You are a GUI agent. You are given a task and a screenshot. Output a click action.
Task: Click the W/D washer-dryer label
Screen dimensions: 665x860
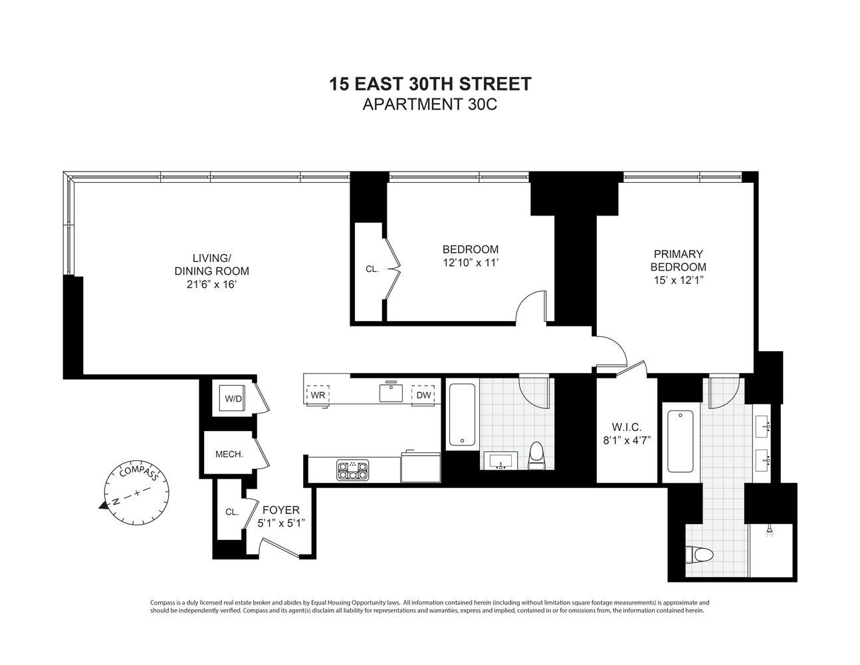click(233, 399)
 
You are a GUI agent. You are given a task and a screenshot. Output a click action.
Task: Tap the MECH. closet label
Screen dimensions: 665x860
click(229, 455)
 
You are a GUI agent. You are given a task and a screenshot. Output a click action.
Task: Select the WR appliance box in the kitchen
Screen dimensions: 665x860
click(317, 394)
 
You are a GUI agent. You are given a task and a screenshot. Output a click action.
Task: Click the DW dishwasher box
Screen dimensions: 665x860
click(424, 394)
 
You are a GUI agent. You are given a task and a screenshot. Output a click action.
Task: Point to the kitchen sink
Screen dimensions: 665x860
click(391, 392)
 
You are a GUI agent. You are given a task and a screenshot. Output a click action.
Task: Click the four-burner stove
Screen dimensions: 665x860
click(352, 470)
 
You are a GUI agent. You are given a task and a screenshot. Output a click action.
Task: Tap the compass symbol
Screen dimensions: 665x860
click(137, 492)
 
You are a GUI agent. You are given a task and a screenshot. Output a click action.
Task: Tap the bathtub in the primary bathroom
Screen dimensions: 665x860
click(679, 442)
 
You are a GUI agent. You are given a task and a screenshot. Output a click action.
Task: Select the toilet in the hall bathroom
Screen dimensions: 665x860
click(536, 456)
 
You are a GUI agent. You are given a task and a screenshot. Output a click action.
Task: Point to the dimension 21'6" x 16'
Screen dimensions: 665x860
click(212, 285)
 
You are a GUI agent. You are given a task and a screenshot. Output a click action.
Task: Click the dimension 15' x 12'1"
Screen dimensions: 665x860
click(678, 280)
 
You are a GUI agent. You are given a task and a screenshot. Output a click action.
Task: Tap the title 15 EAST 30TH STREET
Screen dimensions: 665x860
click(430, 84)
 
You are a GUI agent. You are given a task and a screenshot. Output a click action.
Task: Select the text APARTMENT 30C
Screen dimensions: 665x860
click(430, 104)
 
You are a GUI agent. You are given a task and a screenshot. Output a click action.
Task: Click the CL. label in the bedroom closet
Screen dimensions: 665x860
click(372, 269)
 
